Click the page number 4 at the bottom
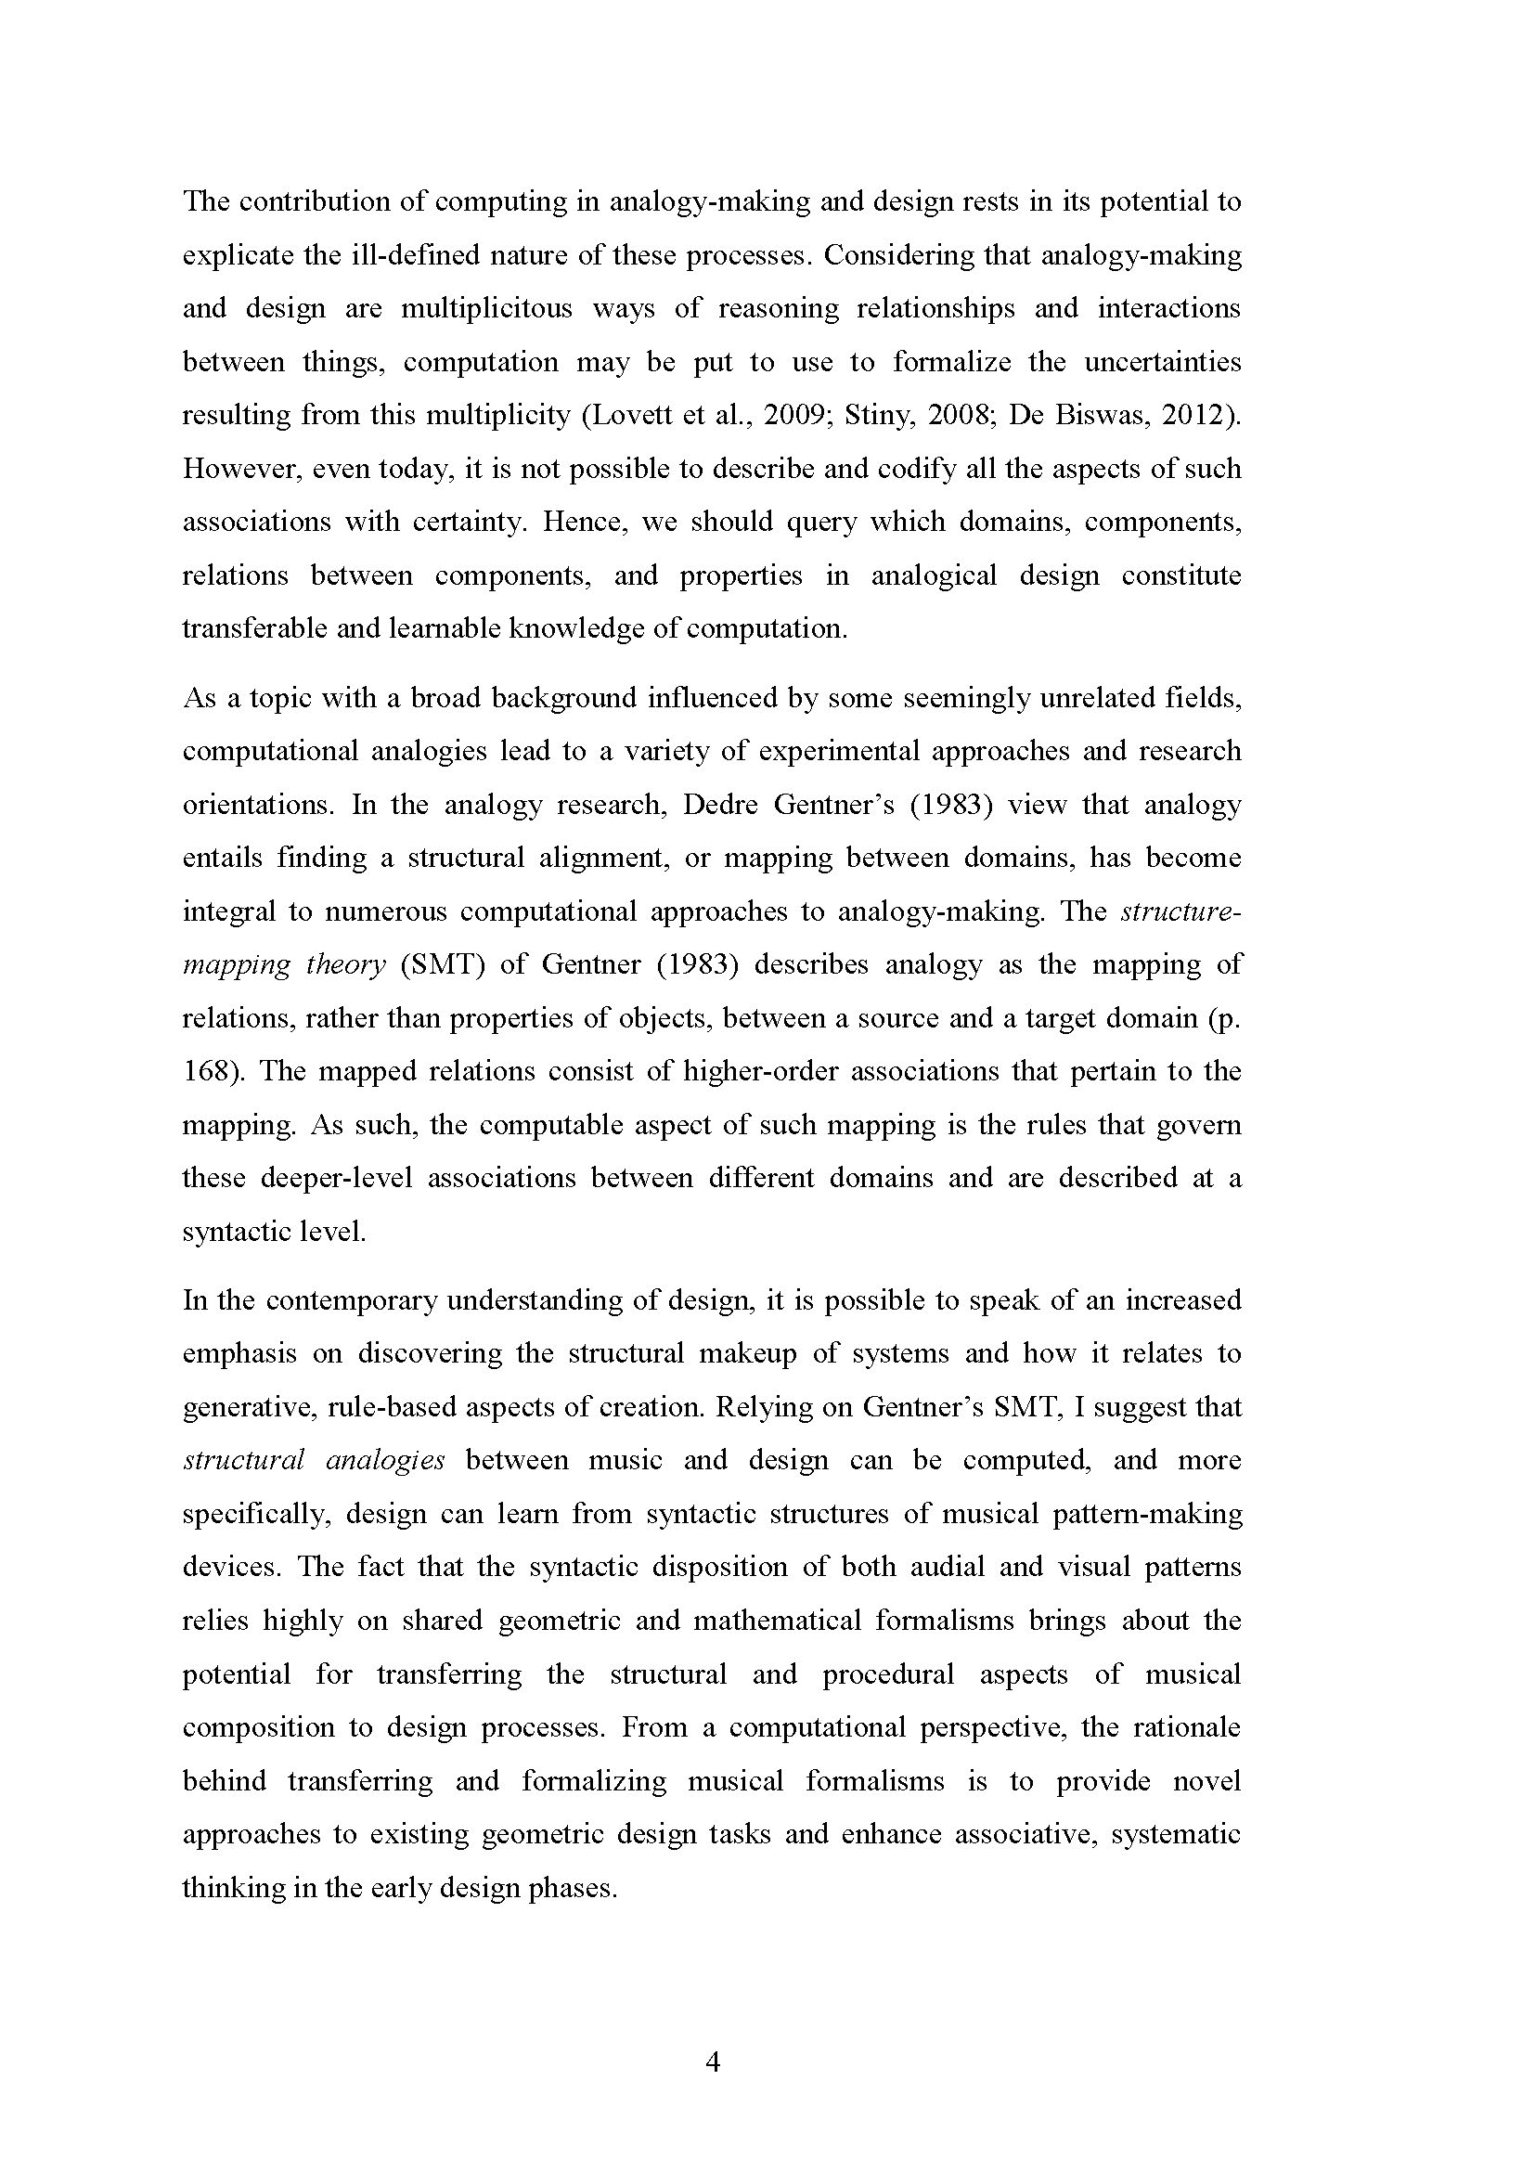pos(714,2061)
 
